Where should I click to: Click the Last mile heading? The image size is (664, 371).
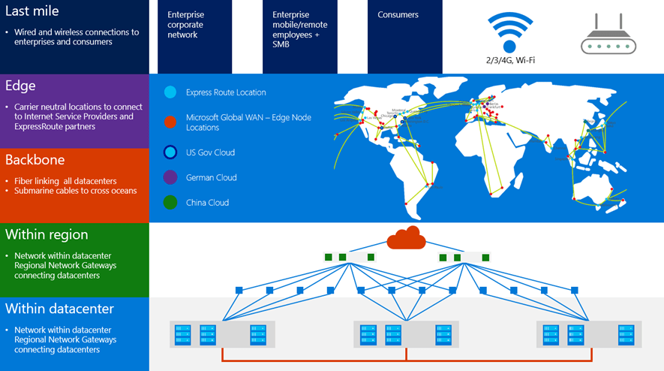[x=32, y=11]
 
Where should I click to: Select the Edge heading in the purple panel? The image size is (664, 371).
[x=20, y=86]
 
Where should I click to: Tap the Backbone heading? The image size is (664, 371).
[x=35, y=160]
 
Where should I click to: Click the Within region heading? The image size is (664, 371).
[x=47, y=234]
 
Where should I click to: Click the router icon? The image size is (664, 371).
[x=608, y=38]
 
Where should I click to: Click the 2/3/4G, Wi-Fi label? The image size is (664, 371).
[x=509, y=59]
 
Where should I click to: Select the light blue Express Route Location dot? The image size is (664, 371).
[x=170, y=92]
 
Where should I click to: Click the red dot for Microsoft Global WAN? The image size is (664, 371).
[x=170, y=122]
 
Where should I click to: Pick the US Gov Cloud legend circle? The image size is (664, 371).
[x=170, y=152]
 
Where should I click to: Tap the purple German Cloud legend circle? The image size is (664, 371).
[x=170, y=177]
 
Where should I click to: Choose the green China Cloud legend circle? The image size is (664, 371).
[x=170, y=203]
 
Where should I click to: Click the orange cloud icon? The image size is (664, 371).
[x=406, y=240]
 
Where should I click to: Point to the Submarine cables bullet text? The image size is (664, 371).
[x=75, y=191]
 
